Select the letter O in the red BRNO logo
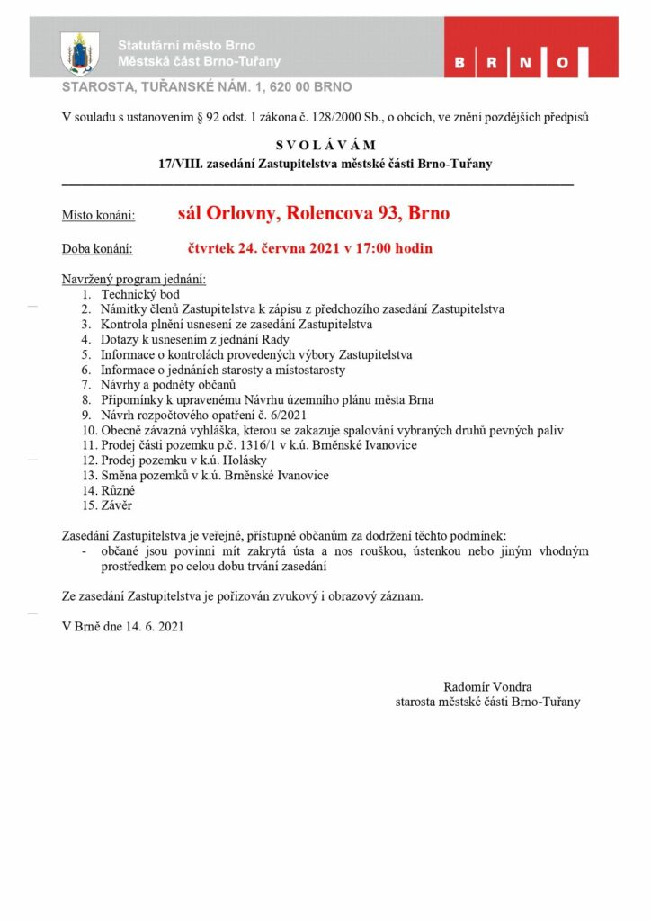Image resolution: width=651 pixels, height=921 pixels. point(563,64)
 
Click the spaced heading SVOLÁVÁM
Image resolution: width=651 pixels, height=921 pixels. point(325,145)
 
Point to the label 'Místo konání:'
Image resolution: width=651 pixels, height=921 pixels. point(98,216)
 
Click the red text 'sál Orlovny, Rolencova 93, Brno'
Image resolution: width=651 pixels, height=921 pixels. point(314,214)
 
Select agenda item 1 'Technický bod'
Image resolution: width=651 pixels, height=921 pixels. point(140,294)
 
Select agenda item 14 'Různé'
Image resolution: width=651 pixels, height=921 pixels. point(118,491)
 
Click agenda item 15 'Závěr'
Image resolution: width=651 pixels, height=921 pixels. point(118,505)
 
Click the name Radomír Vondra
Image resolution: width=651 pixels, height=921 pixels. point(488,686)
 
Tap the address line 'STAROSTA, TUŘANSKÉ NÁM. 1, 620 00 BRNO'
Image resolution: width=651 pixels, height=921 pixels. point(206,87)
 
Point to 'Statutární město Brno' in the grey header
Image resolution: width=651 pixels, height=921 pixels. point(187,46)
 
